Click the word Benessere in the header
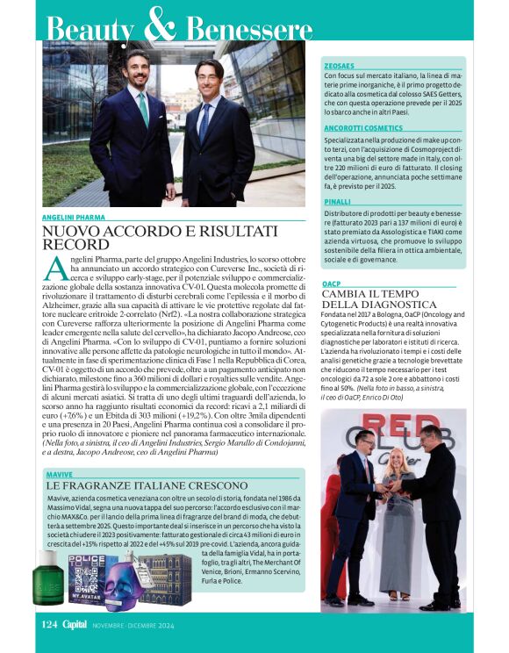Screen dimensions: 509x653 [x=249, y=29]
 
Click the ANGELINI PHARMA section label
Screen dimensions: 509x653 [x=72, y=216]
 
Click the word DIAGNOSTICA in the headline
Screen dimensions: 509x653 [x=381, y=305]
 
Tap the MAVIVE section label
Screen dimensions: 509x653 [x=58, y=473]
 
